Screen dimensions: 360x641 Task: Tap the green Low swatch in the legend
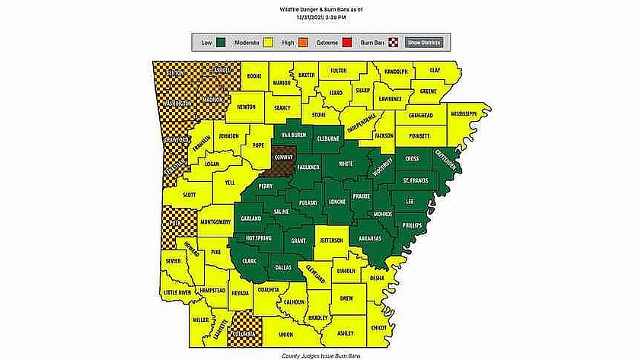pyautogui.click(x=222, y=42)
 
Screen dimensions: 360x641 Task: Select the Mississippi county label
pyautogui.click(x=463, y=113)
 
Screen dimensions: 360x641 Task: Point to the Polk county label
pyautogui.click(x=174, y=225)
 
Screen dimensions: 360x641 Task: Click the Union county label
pyautogui.click(x=285, y=335)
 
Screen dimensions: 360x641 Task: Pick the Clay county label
pyautogui.click(x=435, y=70)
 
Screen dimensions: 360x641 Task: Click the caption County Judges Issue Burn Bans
pyautogui.click(x=320, y=355)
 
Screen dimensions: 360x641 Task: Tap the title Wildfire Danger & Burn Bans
pyautogui.click(x=320, y=7)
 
